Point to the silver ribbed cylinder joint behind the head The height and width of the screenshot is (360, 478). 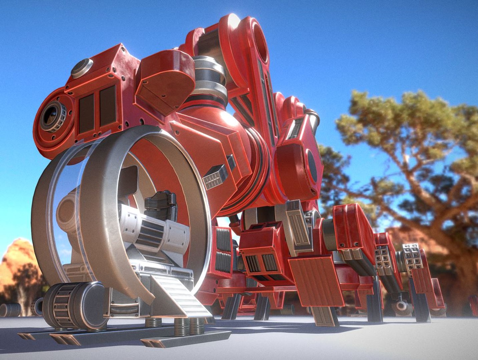click(x=209, y=78)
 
